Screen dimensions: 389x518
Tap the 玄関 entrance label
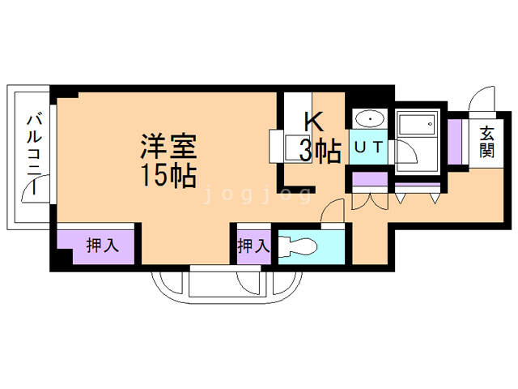[x=486, y=142]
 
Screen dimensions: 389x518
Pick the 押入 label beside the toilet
[x=253, y=246]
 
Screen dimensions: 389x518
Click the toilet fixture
[x=303, y=246]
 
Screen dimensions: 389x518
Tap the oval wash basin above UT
[x=369, y=119]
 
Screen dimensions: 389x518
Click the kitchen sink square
[x=289, y=147]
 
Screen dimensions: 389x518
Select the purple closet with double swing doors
[x=369, y=180]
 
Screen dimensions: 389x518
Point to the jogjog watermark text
[x=258, y=194]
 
